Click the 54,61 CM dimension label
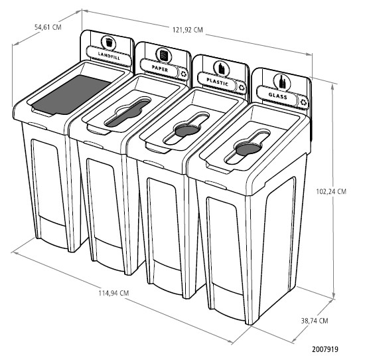pos(48,27)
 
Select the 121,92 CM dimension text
pos(188,30)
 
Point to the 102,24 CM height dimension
pos(331,191)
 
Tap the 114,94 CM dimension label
pos(113,293)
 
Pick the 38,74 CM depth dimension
pos(315,321)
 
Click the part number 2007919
pos(325,349)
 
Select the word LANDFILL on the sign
pos(109,56)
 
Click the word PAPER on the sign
pos(160,68)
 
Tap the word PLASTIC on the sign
pos(217,82)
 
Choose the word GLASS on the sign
pos(278,96)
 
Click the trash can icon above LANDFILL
pos(109,43)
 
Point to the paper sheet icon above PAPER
pos(164,55)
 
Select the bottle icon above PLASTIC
pos(222,68)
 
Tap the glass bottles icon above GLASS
pos(283,81)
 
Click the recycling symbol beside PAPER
pos(184,74)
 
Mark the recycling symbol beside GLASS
pos(303,102)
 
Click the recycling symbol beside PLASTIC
pos(242,88)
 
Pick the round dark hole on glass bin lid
pos(248,149)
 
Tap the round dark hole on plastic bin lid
pos(187,131)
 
